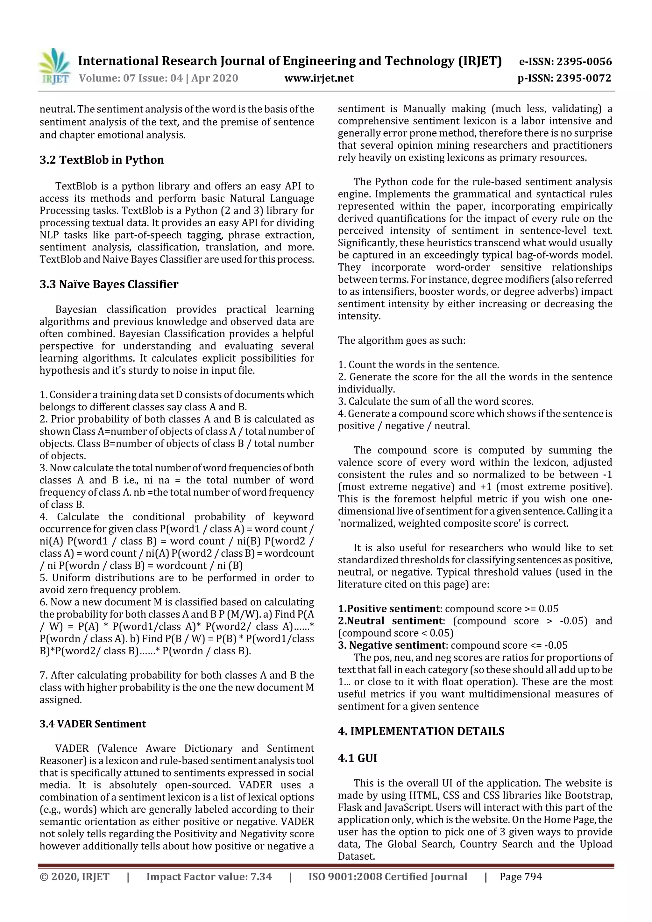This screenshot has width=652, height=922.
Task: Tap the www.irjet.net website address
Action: [319, 78]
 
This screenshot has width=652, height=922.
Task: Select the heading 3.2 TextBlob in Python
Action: [102, 160]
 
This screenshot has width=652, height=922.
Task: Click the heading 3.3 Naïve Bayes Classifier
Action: [109, 284]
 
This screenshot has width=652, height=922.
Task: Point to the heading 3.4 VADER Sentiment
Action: [92, 724]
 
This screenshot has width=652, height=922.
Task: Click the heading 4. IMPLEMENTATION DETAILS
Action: [421, 731]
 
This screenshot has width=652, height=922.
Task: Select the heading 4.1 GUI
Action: [357, 758]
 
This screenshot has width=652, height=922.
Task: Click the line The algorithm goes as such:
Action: [401, 341]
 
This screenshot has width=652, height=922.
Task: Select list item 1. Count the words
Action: [418, 365]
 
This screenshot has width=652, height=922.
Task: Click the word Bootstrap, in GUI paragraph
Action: [588, 795]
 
